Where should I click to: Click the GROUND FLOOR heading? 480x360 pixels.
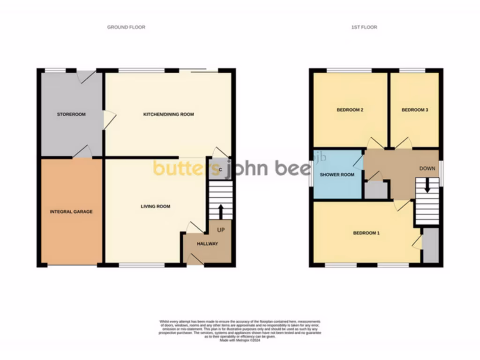[126, 27]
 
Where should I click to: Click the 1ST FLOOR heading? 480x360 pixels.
[364, 27]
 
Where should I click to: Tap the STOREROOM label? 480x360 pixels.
[71, 114]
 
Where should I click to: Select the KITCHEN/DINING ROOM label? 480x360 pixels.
[168, 114]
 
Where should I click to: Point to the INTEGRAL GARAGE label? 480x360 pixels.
[71, 211]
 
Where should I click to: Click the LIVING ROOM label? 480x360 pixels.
[156, 206]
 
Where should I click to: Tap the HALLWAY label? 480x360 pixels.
[207, 243]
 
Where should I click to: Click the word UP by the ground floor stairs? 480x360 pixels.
[221, 230]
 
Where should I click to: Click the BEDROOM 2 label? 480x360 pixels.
[350, 110]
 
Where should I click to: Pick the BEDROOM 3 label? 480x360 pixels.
[415, 110]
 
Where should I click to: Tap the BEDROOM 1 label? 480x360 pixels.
[366, 233]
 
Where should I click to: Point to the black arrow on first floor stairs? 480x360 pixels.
[427, 186]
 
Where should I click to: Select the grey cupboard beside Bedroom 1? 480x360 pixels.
[430, 245]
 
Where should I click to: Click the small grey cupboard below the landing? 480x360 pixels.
[376, 190]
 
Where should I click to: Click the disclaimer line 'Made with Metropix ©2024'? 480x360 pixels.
[240, 340]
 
